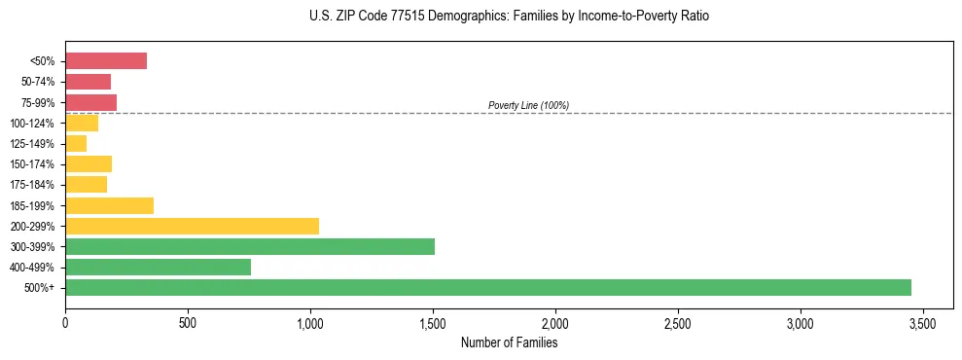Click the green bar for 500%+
pyautogui.click(x=487, y=287)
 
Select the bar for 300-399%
pyautogui.click(x=250, y=246)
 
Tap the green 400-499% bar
pyautogui.click(x=158, y=267)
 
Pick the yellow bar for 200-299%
pyautogui.click(x=192, y=226)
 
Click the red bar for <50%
pyautogui.click(x=106, y=61)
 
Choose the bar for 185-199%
pyautogui.click(x=109, y=205)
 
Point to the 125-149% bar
pyautogui.click(x=76, y=144)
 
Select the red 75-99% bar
pyautogui.click(x=90, y=102)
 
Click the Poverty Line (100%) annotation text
pyautogui.click(x=528, y=105)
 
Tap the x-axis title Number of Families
pyautogui.click(x=509, y=342)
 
